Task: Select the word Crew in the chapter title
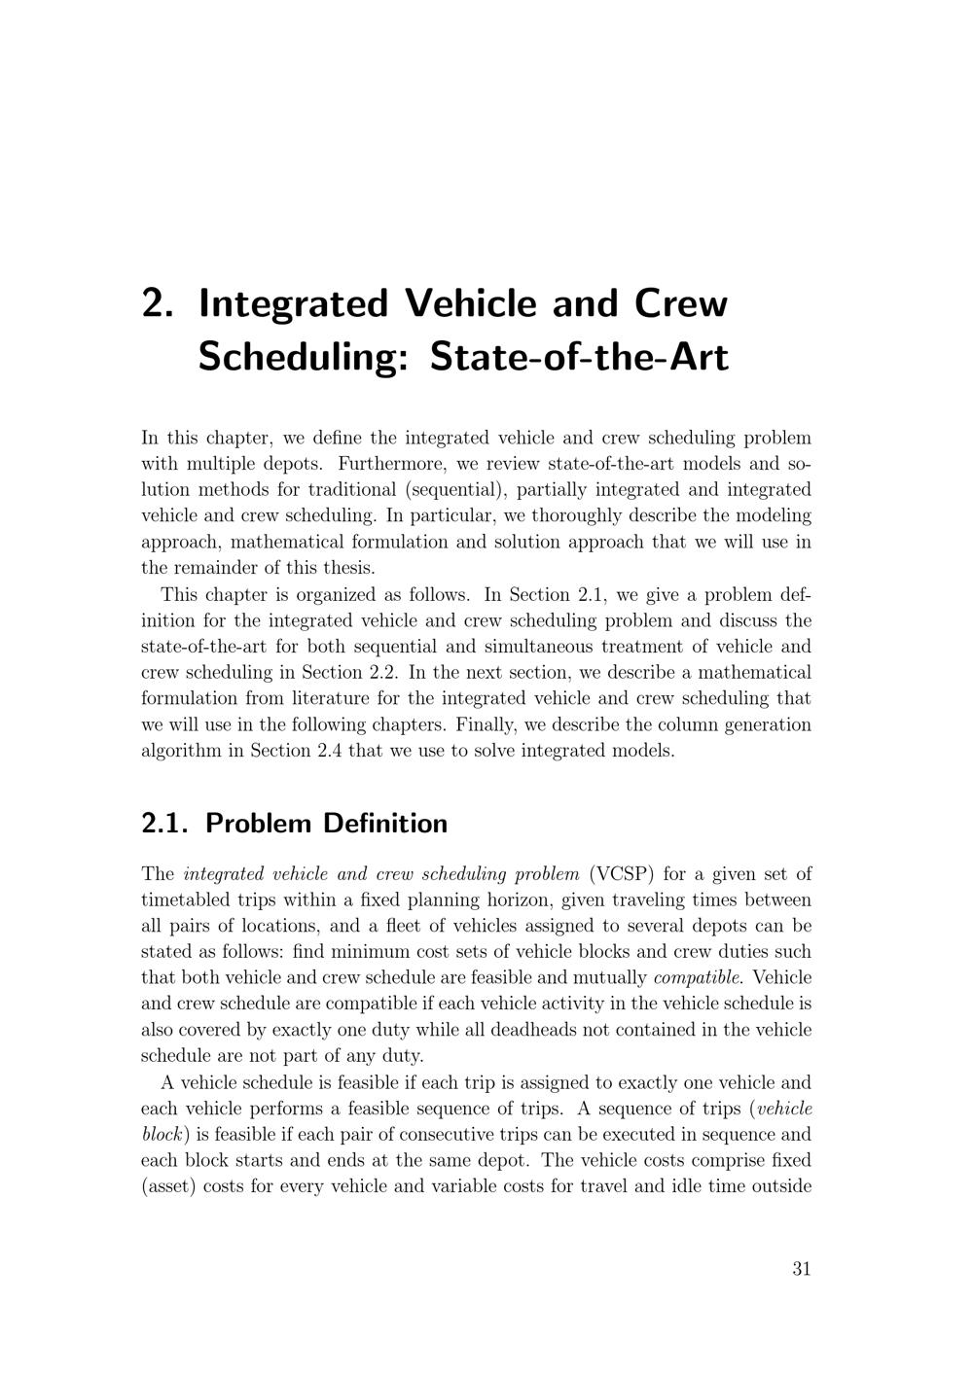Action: point(681,303)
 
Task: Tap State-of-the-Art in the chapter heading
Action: point(578,357)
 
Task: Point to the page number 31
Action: point(802,1268)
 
